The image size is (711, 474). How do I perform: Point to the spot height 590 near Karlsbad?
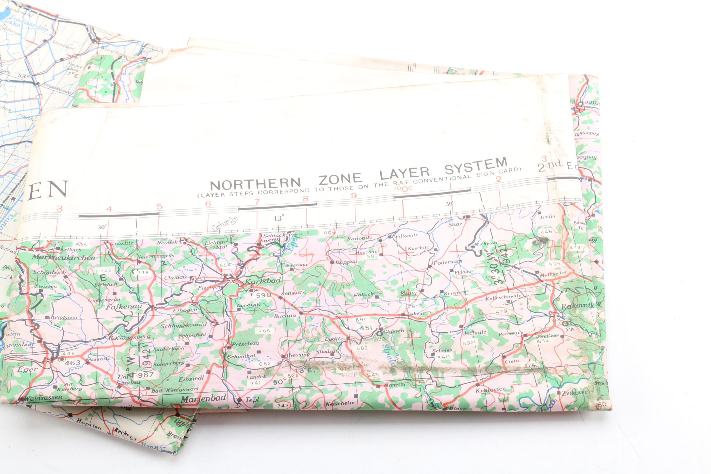263,295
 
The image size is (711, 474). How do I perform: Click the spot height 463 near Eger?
73,363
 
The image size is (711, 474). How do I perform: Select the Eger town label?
27,369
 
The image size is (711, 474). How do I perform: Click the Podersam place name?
448,262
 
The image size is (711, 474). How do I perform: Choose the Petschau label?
245,344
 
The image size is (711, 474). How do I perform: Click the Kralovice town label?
490,390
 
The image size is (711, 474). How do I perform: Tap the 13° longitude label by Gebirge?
279,218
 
